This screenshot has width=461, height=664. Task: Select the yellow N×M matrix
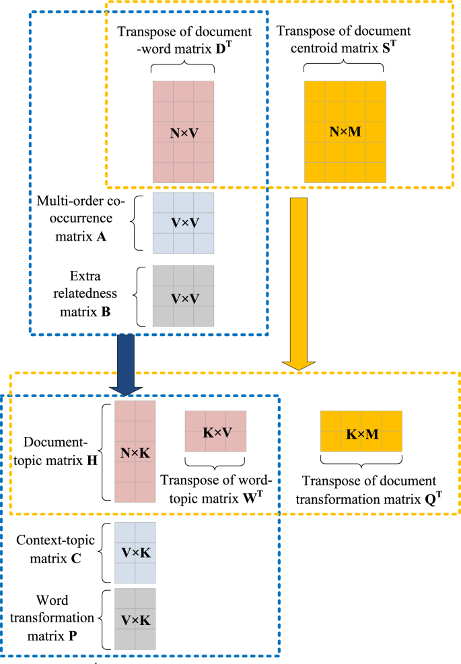pyautogui.click(x=345, y=132)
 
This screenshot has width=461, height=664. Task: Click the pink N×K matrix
pyautogui.click(x=135, y=451)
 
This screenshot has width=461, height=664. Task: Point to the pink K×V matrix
pyautogui.click(x=216, y=431)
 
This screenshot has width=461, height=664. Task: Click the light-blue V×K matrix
pyautogui.click(x=135, y=552)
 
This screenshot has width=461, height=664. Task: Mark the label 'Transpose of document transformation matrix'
pyautogui.click(x=369, y=490)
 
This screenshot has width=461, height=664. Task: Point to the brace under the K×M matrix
pyautogui.click(x=361, y=461)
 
